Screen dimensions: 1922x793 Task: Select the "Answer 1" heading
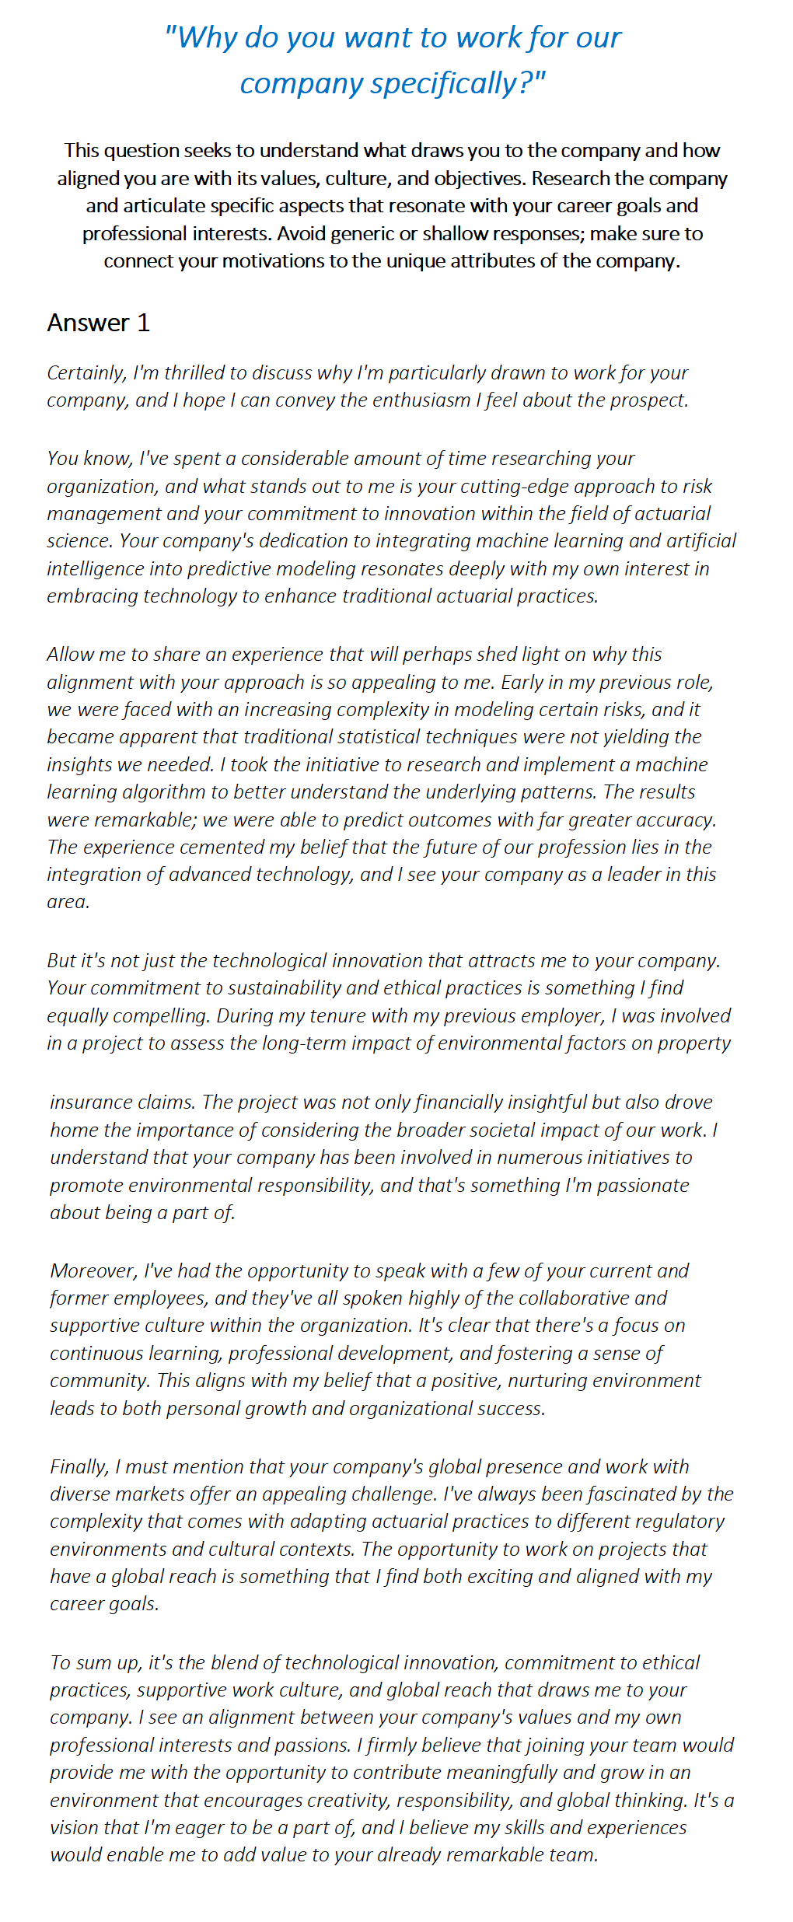click(98, 323)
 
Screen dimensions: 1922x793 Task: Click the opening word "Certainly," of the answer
click(86, 373)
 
